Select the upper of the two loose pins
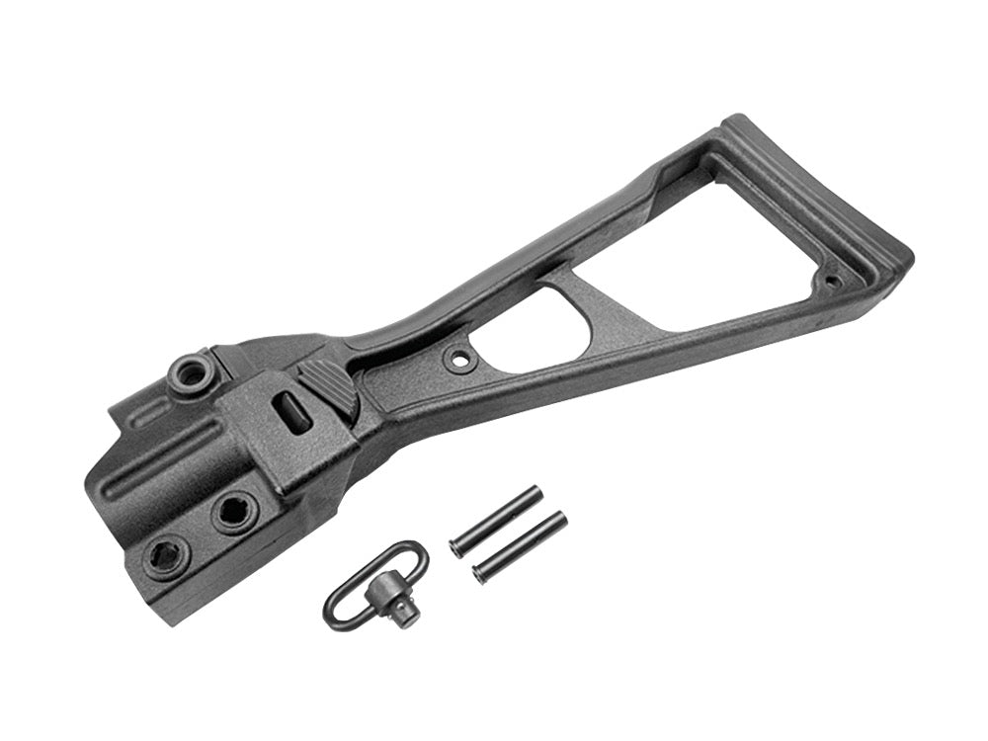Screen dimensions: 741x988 tap(494, 520)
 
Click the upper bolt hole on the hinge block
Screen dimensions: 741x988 tap(236, 511)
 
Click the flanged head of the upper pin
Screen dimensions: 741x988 tap(458, 546)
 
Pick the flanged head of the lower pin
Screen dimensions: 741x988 tap(481, 573)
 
